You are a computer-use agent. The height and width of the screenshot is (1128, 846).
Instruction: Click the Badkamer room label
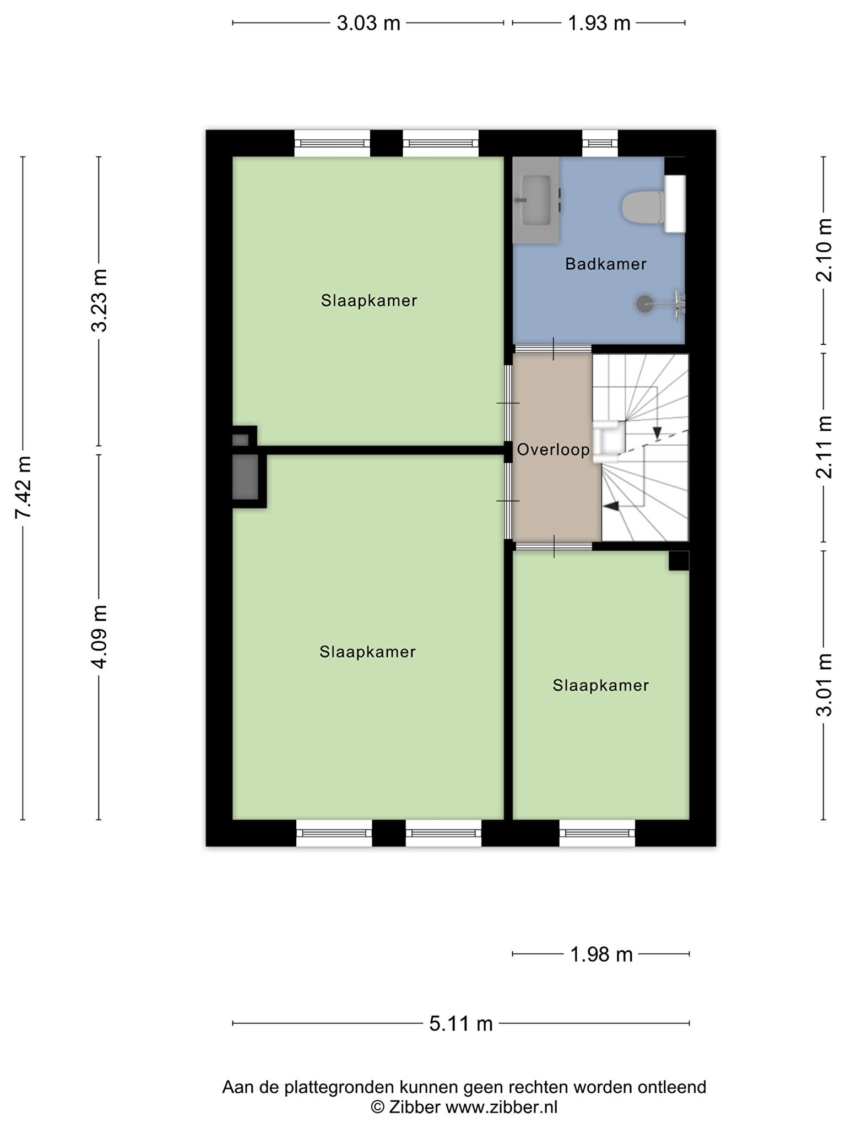point(605,264)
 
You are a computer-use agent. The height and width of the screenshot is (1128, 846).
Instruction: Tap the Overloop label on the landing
point(553,449)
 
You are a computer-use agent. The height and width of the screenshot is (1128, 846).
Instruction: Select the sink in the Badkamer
point(536,200)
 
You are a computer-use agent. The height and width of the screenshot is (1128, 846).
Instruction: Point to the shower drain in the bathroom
point(644,303)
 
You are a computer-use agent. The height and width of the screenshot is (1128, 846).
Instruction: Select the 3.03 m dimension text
point(368,23)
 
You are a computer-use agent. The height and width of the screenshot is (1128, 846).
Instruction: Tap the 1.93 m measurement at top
point(599,23)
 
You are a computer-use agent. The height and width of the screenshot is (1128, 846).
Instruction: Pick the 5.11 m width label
point(461,1023)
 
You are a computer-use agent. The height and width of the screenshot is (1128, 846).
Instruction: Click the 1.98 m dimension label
point(601,954)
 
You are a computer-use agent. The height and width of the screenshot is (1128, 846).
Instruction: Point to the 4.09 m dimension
point(99,636)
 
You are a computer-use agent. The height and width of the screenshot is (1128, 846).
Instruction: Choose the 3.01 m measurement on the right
point(824,685)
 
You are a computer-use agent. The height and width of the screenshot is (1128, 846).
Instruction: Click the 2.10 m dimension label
point(824,250)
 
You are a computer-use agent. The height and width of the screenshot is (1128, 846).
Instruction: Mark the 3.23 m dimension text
point(99,300)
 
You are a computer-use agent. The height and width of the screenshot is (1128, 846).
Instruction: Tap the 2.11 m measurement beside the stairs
point(824,447)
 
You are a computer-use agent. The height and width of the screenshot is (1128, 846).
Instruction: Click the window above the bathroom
point(600,143)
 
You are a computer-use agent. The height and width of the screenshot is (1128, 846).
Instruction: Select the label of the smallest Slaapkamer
point(601,685)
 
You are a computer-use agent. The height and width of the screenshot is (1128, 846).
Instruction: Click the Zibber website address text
point(501,1107)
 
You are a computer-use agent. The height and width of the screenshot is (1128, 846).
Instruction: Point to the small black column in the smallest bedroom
point(679,561)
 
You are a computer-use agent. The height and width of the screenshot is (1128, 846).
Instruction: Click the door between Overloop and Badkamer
point(553,349)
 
